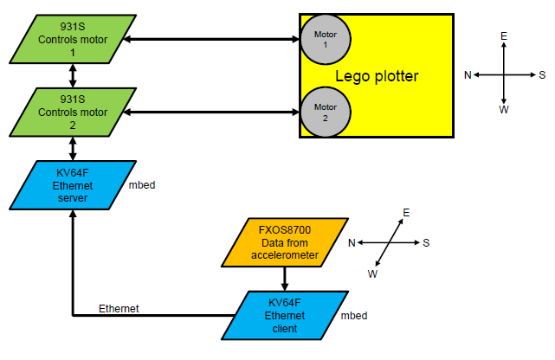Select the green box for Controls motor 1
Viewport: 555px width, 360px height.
coord(73,38)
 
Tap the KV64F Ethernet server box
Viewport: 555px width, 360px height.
coord(73,185)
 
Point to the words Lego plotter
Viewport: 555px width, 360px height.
coord(377,76)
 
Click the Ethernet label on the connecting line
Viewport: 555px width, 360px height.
coord(117,308)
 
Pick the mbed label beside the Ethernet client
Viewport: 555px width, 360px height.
coord(353,315)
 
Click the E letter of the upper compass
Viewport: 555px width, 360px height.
coord(504,36)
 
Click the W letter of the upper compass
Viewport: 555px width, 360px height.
coord(504,110)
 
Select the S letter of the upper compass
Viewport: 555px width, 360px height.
coord(542,74)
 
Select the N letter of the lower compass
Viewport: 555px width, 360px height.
coord(352,243)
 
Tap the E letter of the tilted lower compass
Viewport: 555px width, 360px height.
coord(406,212)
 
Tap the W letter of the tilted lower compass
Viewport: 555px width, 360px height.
coord(373,274)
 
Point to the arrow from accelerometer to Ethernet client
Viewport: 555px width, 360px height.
coord(285,278)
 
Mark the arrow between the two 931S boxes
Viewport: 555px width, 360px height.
coord(73,75)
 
